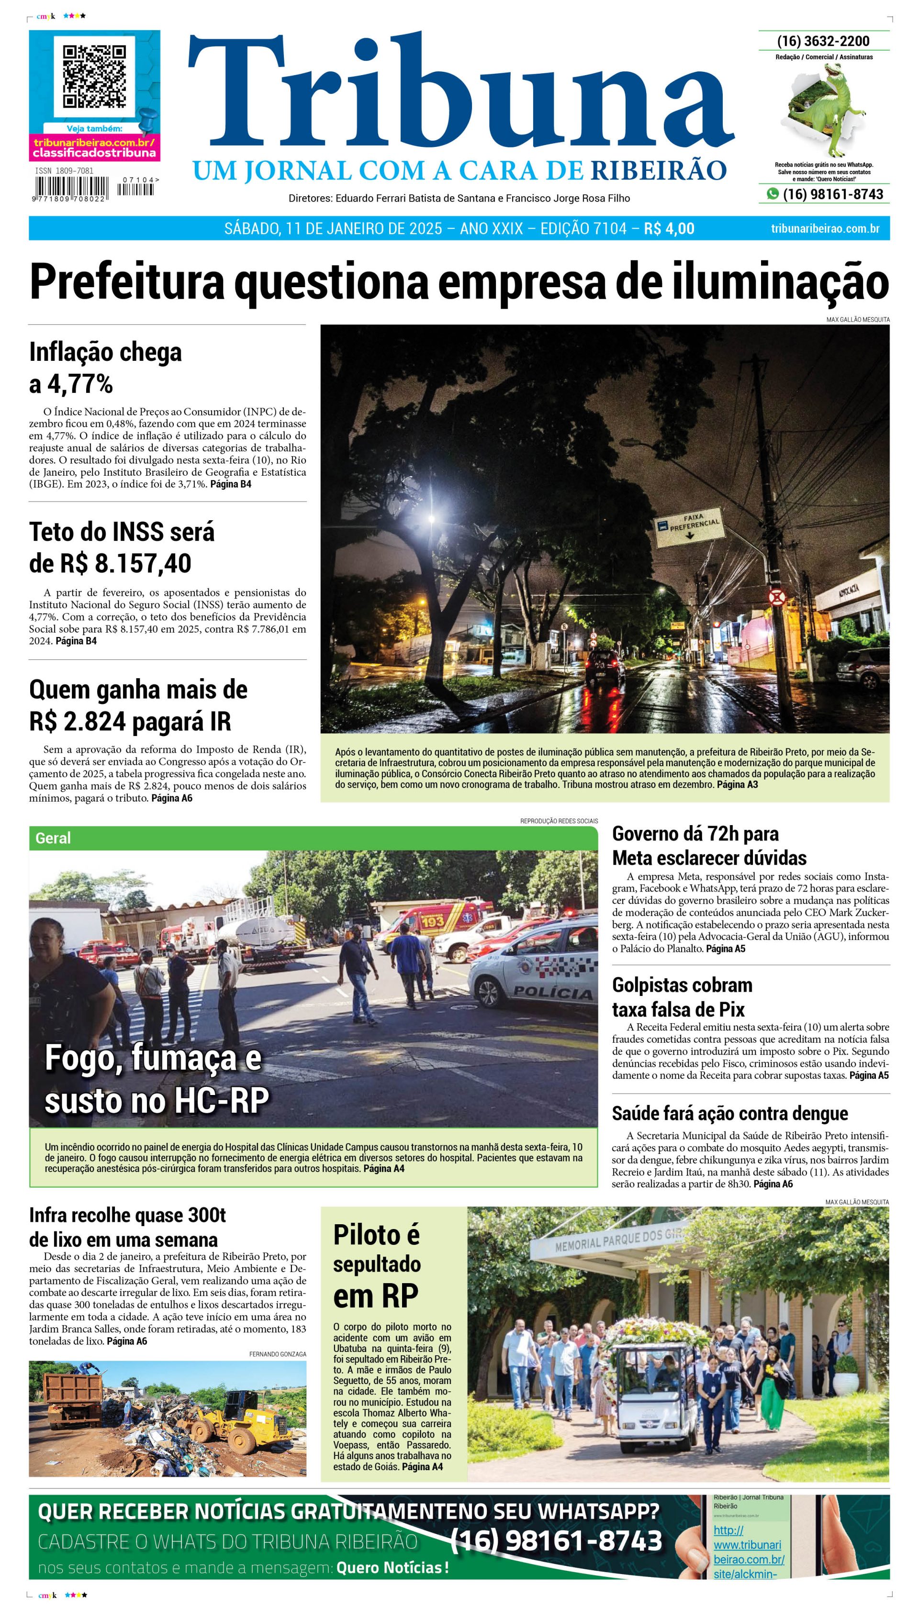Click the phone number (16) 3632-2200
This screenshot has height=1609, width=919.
click(823, 41)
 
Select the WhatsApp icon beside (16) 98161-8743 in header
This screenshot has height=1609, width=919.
click(773, 194)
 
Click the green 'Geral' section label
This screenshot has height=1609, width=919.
click(54, 838)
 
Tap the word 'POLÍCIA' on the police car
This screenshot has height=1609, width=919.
click(553, 993)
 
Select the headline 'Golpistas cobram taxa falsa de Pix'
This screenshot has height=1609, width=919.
click(682, 996)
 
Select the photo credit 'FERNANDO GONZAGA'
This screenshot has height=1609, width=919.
click(278, 1354)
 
